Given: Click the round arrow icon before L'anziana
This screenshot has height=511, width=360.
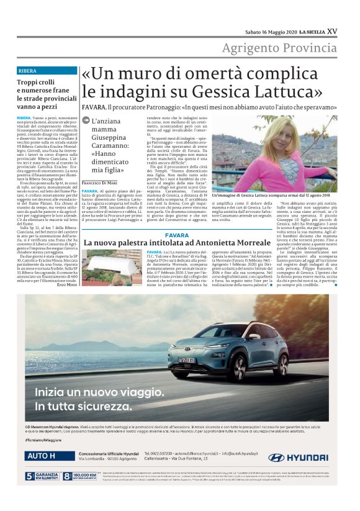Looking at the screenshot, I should pos(86,122).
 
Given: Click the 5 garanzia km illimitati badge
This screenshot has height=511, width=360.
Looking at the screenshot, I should pos(42,477).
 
